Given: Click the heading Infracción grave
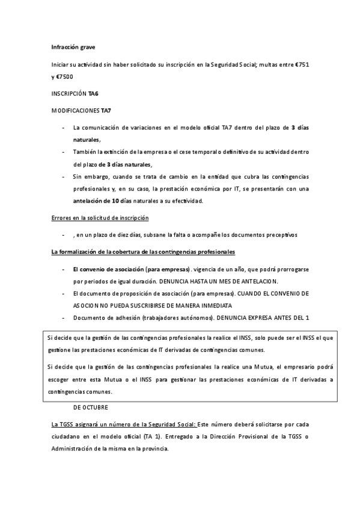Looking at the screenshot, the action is point(73,47).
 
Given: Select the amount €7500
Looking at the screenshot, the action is point(66,76).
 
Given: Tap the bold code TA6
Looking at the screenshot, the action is point(94,94).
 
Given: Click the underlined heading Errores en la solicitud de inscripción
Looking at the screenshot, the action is point(100,218).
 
